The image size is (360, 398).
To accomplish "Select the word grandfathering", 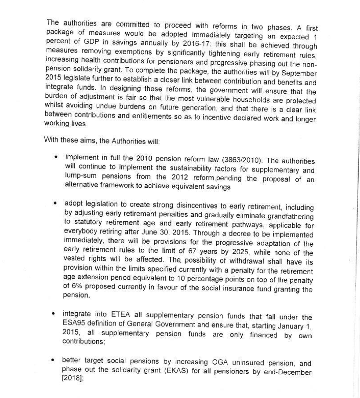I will (292, 217).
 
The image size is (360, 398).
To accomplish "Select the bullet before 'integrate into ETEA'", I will (53, 314).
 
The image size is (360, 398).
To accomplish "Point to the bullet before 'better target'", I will (53, 360).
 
